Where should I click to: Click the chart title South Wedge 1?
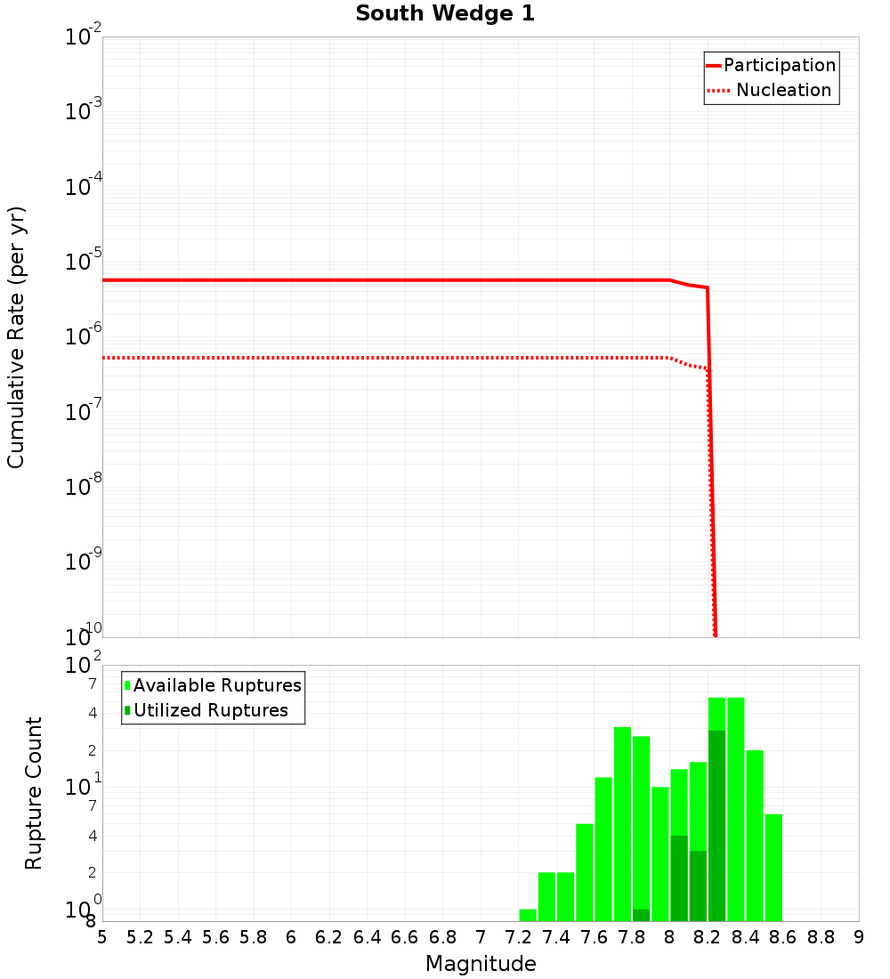pyautogui.click(x=445, y=14)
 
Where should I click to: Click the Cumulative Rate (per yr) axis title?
pyautogui.click(x=17, y=336)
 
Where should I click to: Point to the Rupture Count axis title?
pyautogui.click(x=34, y=792)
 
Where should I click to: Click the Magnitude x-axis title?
pyautogui.click(x=481, y=964)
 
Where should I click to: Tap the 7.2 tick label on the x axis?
pyautogui.click(x=518, y=937)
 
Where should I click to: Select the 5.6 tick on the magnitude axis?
pyautogui.click(x=216, y=937)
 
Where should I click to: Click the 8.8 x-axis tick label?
pyautogui.click(x=821, y=937)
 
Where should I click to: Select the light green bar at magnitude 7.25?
pyautogui.click(x=528, y=915)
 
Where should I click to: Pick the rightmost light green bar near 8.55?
pyautogui.click(x=773, y=868)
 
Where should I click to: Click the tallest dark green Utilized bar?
pyautogui.click(x=716, y=826)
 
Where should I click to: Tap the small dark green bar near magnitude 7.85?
pyautogui.click(x=641, y=915)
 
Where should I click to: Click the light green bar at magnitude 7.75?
pyautogui.click(x=622, y=824)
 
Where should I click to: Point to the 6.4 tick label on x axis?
pyautogui.click(x=367, y=937)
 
